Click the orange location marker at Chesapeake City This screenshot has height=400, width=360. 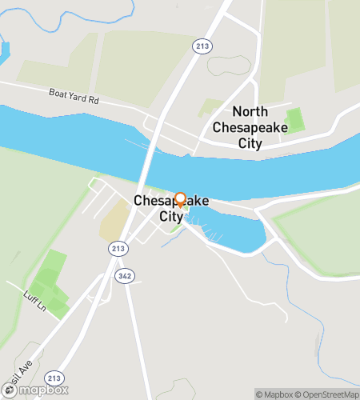click(180, 200)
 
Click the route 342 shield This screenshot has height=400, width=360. click(125, 275)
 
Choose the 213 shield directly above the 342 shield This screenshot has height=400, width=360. click(118, 249)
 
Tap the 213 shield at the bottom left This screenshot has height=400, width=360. click(54, 378)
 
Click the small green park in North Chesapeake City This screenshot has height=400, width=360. click(295, 121)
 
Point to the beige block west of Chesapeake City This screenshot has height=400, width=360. click(115, 219)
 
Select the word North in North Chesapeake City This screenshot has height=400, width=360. click(250, 112)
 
